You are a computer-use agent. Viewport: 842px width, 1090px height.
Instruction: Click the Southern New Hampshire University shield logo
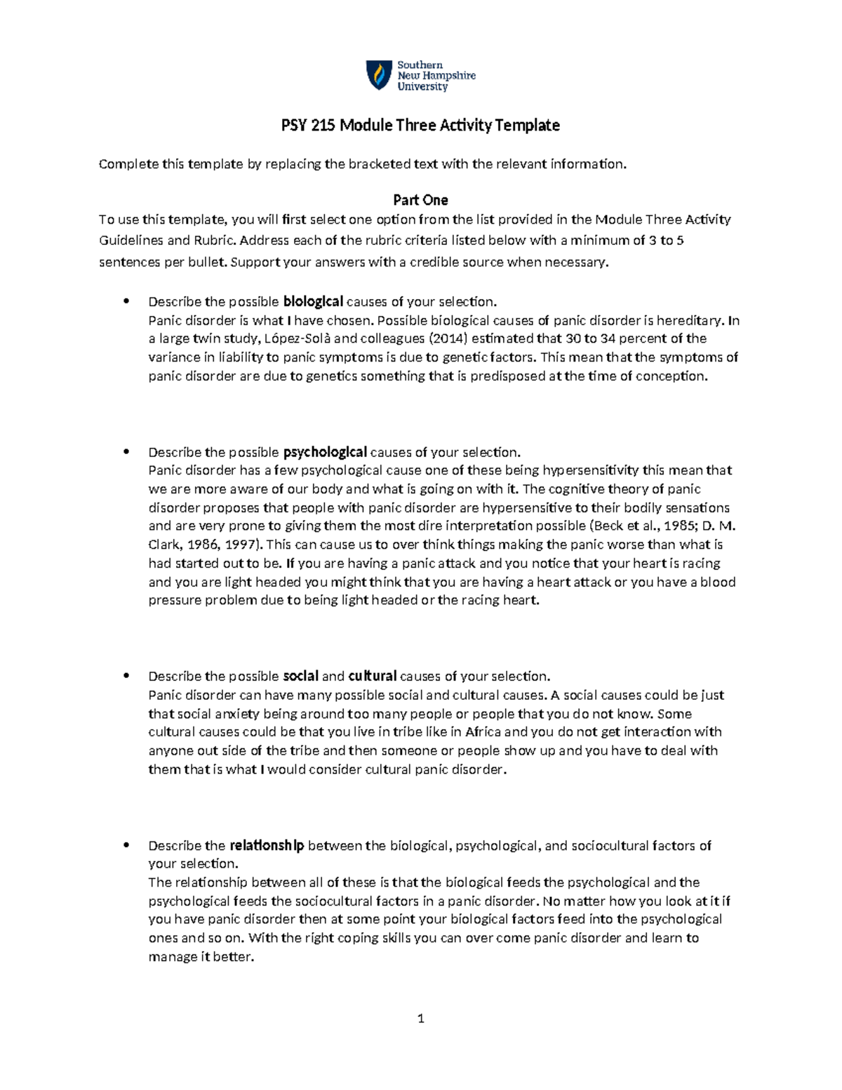[379, 75]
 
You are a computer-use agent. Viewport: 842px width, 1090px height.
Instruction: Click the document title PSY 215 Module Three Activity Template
[420, 126]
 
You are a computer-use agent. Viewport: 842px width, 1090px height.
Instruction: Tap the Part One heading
[420, 200]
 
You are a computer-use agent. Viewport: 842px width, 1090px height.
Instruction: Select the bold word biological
[313, 302]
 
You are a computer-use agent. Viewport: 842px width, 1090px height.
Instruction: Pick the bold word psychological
[324, 452]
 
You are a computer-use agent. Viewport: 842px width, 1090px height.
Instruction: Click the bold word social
[300, 677]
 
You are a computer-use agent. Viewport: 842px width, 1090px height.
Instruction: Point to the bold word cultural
[373, 677]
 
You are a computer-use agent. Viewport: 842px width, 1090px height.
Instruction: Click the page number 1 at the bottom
[421, 1019]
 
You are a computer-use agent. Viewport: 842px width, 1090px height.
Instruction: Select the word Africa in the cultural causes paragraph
[483, 732]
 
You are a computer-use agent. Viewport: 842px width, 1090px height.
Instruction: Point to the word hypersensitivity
[591, 470]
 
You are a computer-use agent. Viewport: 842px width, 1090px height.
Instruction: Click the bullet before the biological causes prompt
[126, 302]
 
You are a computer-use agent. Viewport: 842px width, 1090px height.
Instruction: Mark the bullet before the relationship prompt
[126, 846]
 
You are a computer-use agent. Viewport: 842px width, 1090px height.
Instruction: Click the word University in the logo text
[422, 87]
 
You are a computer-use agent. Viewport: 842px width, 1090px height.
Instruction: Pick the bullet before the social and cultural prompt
[126, 677]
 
